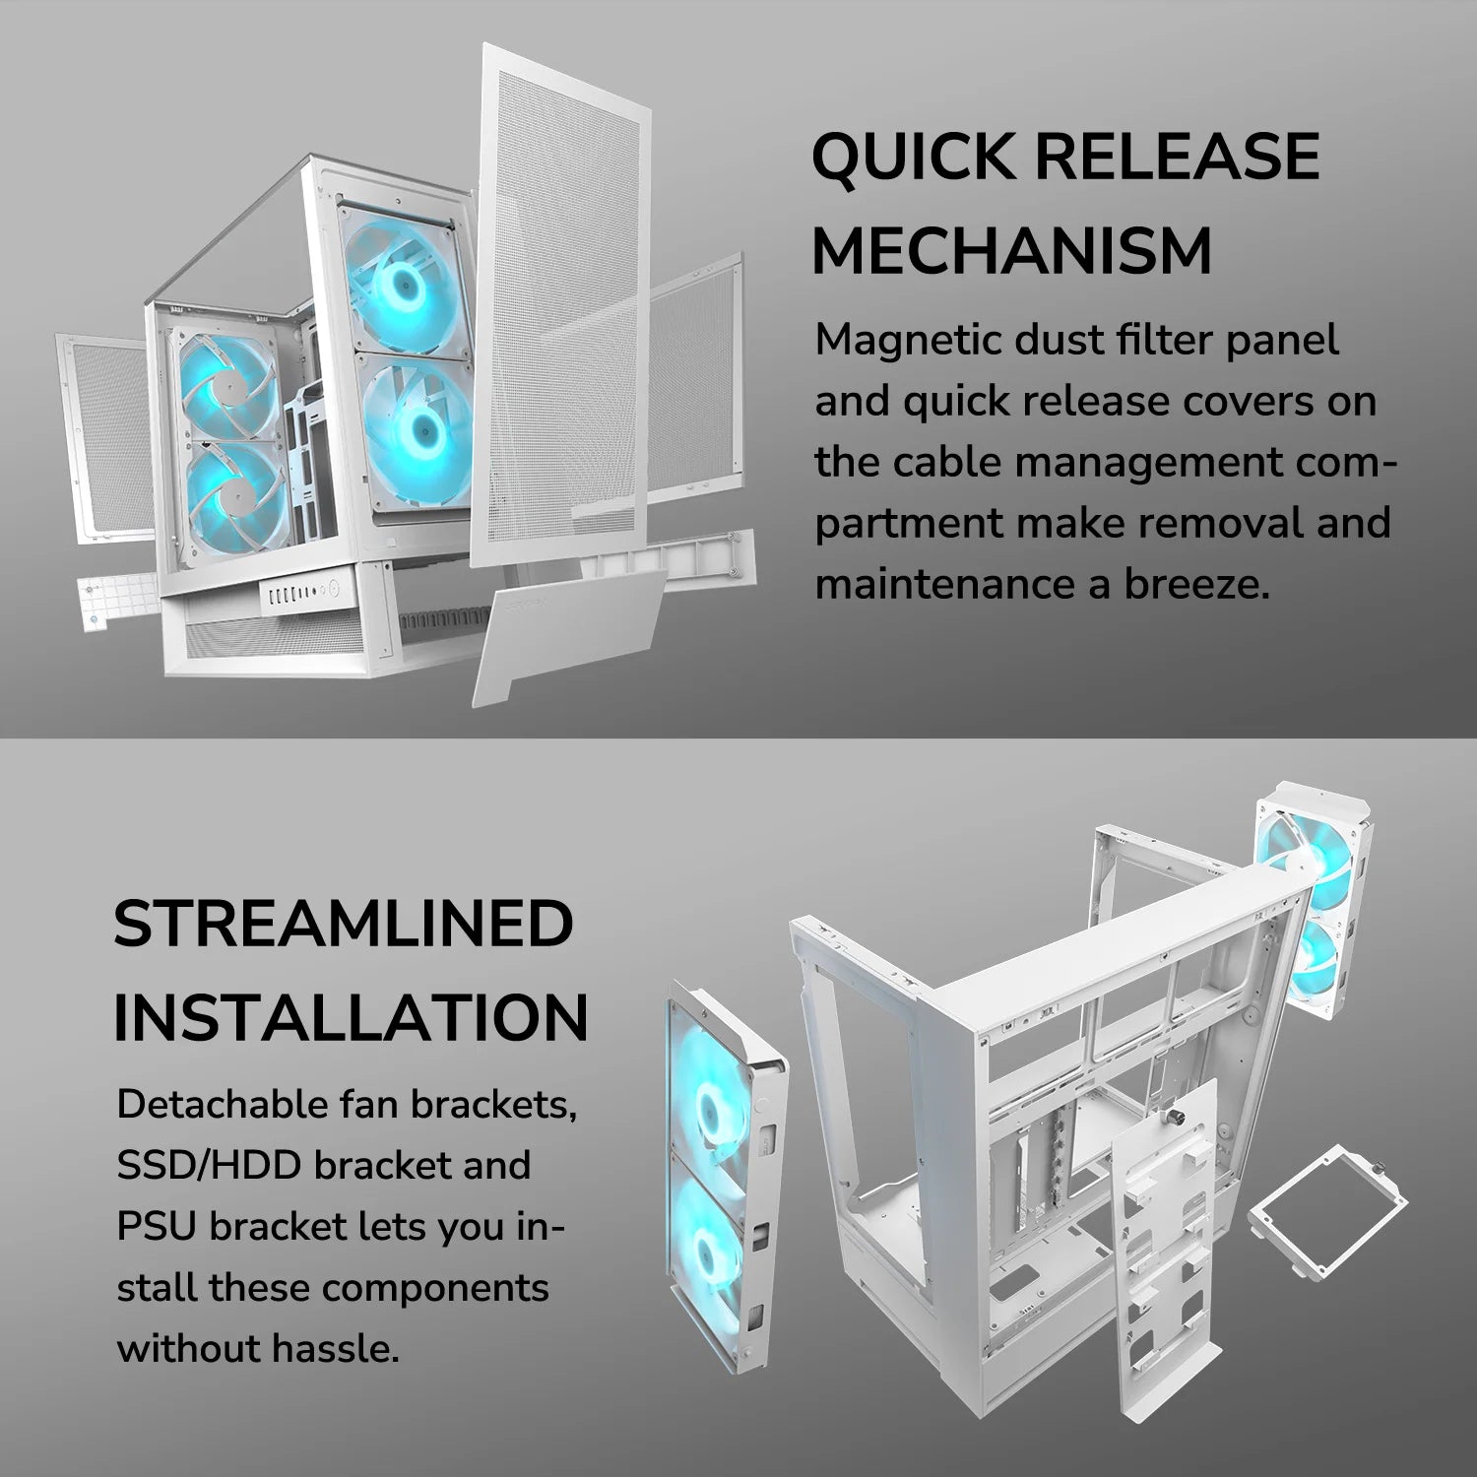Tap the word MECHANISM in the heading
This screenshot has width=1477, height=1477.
pos(1011,251)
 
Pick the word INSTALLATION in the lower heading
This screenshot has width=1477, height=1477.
pos(351,1017)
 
